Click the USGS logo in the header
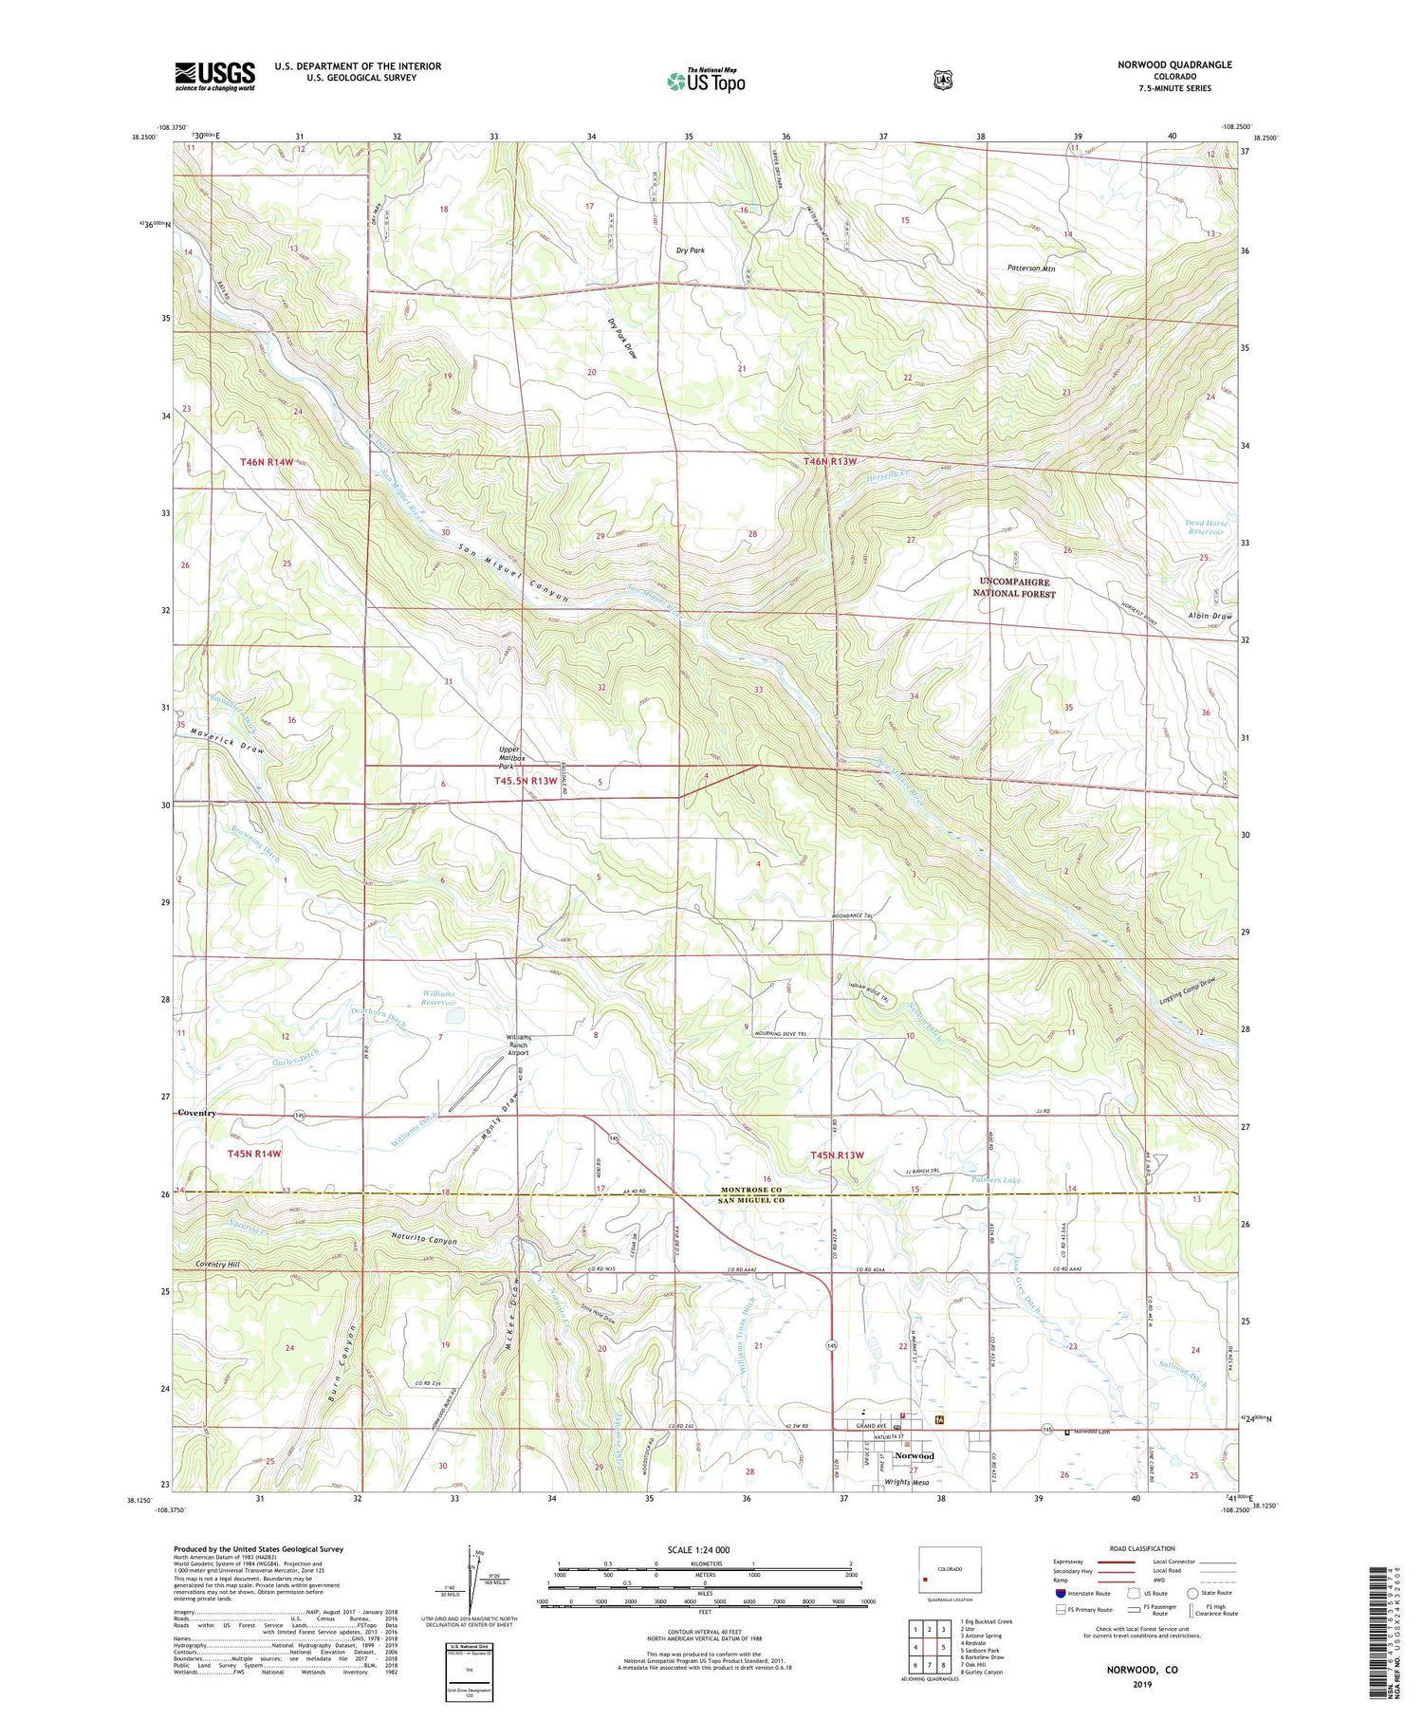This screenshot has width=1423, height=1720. point(214,76)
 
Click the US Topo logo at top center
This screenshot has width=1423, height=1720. point(706,81)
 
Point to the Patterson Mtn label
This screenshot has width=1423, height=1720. point(1031,268)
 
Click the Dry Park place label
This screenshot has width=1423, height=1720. point(690,250)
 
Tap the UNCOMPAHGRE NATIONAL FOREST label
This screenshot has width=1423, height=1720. point(1014,587)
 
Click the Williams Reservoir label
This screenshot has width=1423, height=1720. point(438,998)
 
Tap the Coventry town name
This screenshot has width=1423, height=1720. point(197,1112)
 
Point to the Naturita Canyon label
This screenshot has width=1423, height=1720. point(424,1240)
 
